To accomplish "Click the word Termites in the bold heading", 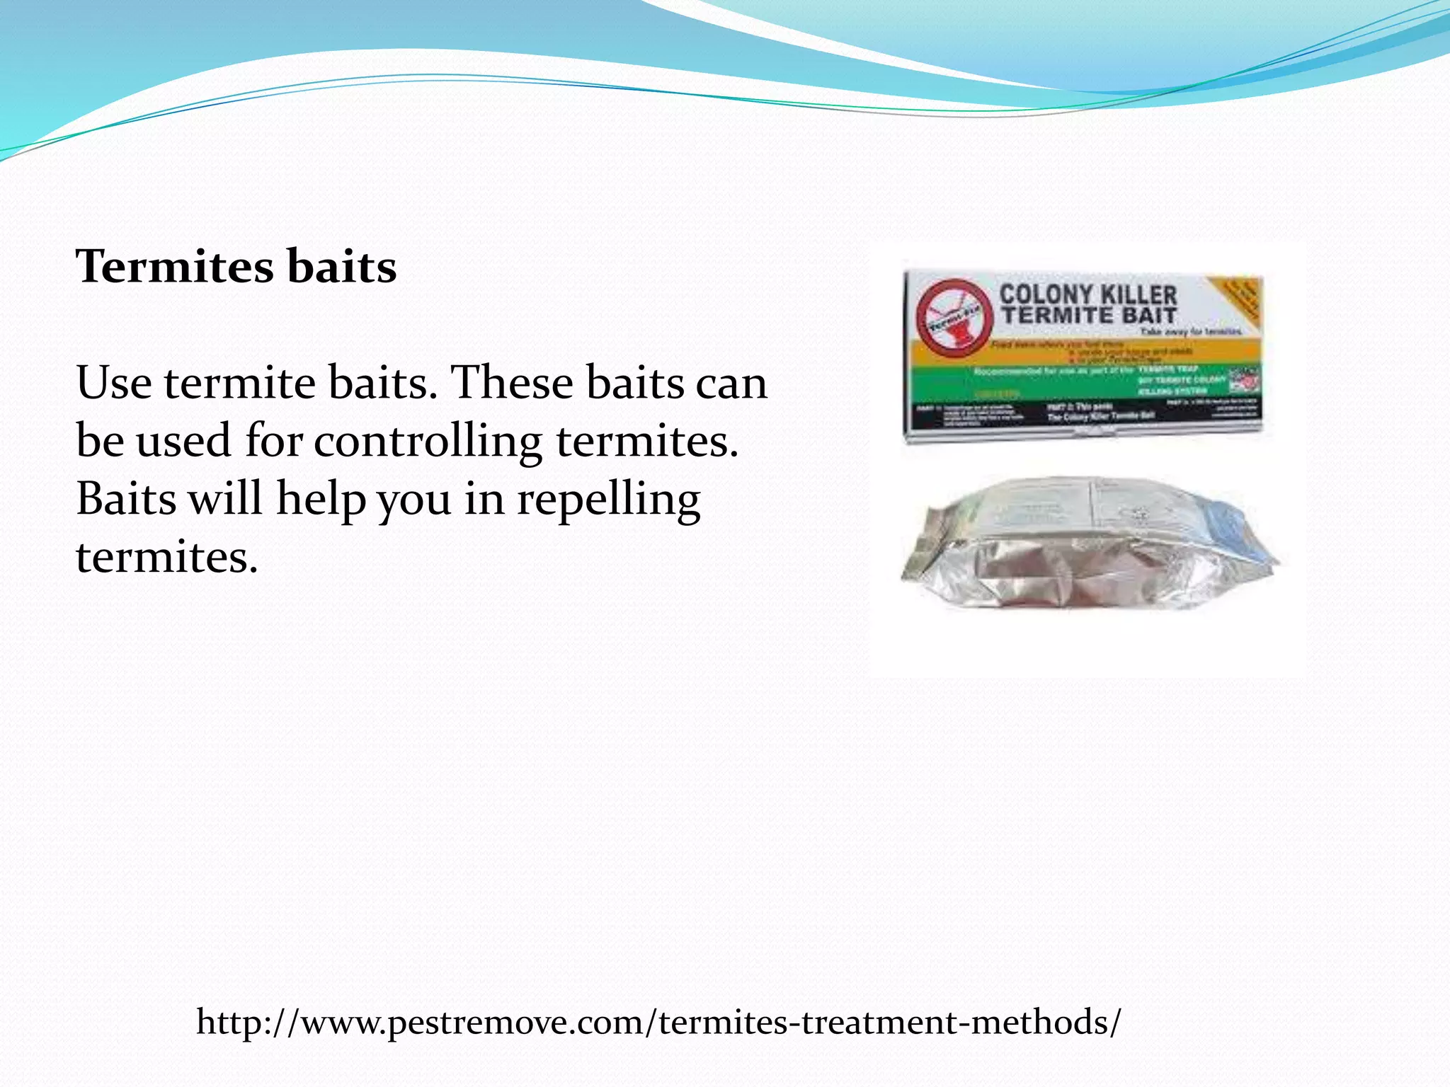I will coord(174,267).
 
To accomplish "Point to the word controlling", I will coord(428,441).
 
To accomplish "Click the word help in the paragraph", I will coord(320,499).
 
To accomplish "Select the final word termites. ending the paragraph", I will coord(167,557).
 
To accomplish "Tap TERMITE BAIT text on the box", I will coord(1087,315).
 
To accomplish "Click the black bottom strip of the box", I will coord(1083,413).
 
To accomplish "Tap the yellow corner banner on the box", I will coord(1239,301).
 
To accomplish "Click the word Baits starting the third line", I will coord(126,499).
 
